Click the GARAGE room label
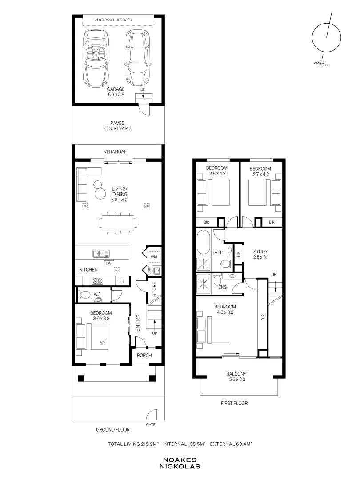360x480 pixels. [116, 89]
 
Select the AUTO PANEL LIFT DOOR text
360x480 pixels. [113, 20]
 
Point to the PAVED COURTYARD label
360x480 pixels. [117, 126]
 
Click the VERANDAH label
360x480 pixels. [116, 152]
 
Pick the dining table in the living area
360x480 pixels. [118, 223]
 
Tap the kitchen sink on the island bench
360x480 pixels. [101, 254]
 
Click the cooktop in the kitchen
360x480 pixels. [97, 280]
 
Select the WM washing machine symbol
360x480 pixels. [154, 257]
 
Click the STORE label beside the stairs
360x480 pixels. [154, 289]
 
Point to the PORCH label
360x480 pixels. [144, 356]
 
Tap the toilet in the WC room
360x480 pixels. [84, 295]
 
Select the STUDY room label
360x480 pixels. [260, 252]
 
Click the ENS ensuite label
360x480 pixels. [223, 287]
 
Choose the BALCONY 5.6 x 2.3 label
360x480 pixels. [236, 376]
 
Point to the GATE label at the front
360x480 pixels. [151, 425]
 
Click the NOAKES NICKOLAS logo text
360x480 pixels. [180, 463]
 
